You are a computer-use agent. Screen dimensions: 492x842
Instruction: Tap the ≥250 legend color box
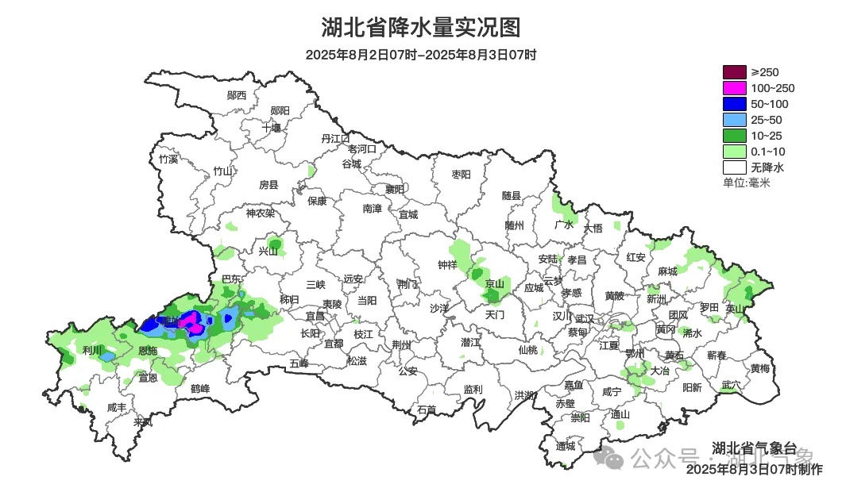pos(735,72)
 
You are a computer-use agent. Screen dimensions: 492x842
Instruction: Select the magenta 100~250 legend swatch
pos(735,88)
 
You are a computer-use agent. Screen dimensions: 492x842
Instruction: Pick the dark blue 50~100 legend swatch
pos(735,104)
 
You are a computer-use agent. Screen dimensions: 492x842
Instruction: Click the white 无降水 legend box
pos(735,167)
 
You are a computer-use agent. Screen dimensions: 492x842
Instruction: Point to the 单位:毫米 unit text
pos(747,183)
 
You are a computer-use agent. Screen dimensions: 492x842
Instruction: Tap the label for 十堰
pos(272,127)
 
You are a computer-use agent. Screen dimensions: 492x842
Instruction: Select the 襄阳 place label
pos(395,189)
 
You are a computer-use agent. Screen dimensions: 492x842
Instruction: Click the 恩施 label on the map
pos(148,350)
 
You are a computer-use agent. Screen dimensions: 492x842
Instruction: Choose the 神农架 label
pos(260,213)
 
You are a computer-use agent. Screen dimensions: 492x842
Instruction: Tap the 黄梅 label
pos(759,368)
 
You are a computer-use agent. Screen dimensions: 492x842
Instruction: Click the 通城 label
pos(566,446)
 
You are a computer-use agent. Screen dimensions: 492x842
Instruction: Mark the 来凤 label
pos(143,421)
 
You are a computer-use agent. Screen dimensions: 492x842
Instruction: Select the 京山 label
pos(495,283)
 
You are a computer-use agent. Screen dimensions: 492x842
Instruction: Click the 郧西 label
pos(237,95)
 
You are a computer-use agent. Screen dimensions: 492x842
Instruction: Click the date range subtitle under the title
pos(421,55)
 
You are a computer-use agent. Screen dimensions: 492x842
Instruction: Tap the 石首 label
pos(427,409)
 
